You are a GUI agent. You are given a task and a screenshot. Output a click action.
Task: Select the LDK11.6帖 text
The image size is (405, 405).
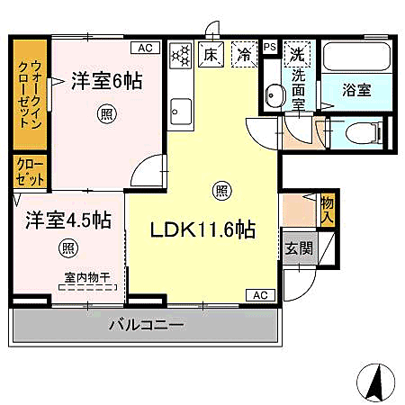(203, 229)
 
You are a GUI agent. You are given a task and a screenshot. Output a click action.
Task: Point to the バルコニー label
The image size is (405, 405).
(147, 325)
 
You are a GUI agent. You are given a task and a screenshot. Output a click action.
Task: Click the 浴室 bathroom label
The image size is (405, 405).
(357, 90)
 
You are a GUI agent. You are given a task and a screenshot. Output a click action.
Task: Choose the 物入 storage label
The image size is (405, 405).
(328, 210)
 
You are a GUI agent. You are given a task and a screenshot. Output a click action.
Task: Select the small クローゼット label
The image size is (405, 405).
(29, 172)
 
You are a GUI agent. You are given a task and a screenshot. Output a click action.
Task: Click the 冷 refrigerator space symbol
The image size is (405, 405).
(242, 54)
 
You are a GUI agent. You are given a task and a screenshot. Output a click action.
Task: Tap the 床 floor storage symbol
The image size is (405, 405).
(210, 54)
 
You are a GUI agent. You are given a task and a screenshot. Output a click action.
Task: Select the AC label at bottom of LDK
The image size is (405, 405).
(259, 295)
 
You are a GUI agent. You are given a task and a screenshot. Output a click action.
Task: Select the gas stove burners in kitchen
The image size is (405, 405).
(179, 54)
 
